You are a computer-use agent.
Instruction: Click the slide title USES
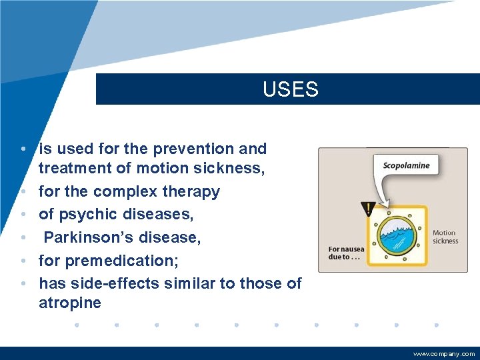click(291, 89)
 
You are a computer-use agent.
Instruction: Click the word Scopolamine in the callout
click(406, 165)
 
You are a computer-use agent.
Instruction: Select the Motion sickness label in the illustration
click(445, 237)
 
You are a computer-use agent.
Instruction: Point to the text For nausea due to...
click(346, 253)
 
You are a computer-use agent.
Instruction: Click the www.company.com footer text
click(444, 354)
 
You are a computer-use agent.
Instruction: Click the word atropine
click(70, 303)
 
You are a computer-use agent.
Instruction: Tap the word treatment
click(72, 168)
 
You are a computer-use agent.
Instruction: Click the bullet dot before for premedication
click(23, 261)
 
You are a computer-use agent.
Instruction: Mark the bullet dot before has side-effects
click(23, 283)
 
